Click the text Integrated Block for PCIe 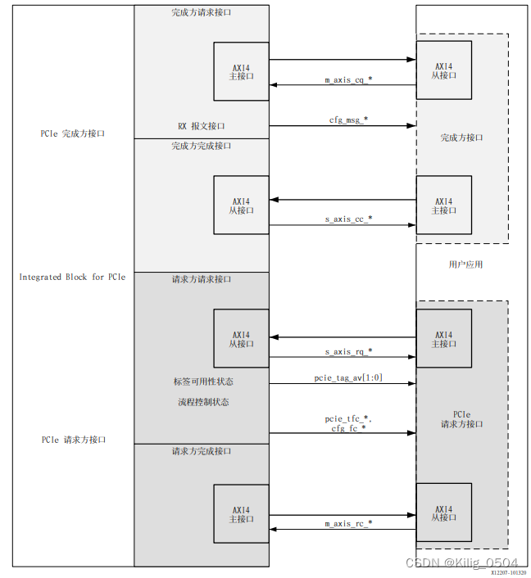(72, 277)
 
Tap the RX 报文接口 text (201, 126)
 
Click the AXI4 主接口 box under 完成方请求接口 (241, 71)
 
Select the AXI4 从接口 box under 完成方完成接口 (241, 205)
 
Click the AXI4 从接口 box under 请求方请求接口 (241, 338)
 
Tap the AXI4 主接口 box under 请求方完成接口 (241, 513)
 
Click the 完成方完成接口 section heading (201, 146)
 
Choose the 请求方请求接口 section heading (201, 279)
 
